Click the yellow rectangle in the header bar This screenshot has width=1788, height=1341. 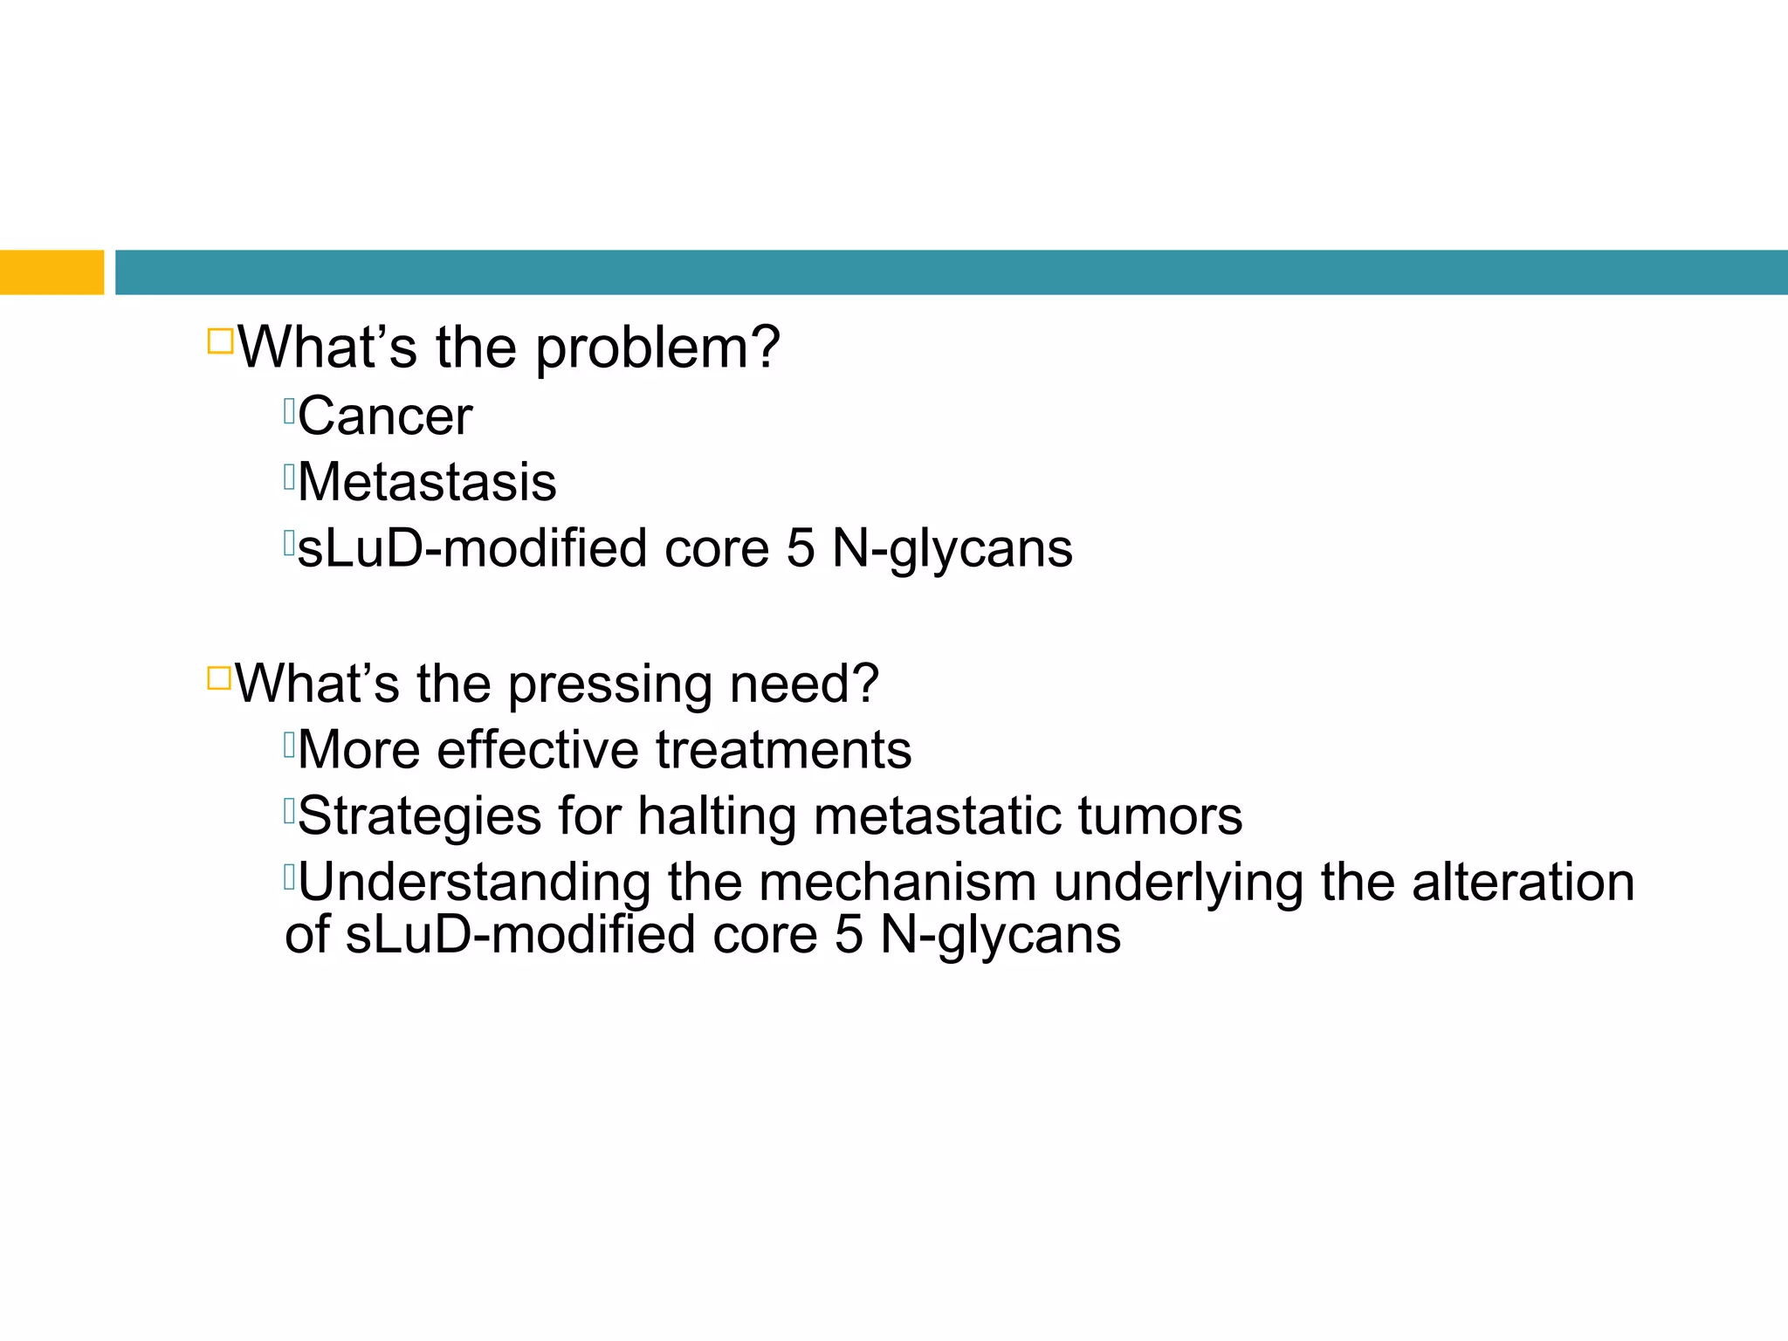pyautogui.click(x=52, y=272)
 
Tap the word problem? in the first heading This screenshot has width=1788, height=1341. pyautogui.click(x=657, y=349)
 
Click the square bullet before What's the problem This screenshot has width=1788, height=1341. pyautogui.click(x=220, y=340)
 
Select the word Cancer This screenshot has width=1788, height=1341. pyautogui.click(x=385, y=416)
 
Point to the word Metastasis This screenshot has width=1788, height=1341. pyautogui.click(x=427, y=483)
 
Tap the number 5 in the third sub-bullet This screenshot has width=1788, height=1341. pyautogui.click(x=800, y=549)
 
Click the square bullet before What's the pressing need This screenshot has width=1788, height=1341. pyautogui.click(x=219, y=677)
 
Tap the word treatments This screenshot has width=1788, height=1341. pyautogui.click(x=783, y=751)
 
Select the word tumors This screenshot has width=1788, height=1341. pyautogui.click(x=1159, y=817)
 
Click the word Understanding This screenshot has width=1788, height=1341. pyautogui.click(x=474, y=883)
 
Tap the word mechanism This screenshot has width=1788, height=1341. pyautogui.click(x=897, y=883)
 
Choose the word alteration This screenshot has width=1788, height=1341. pyautogui.click(x=1523, y=883)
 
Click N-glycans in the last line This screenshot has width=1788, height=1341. pyautogui.click(x=1001, y=936)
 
